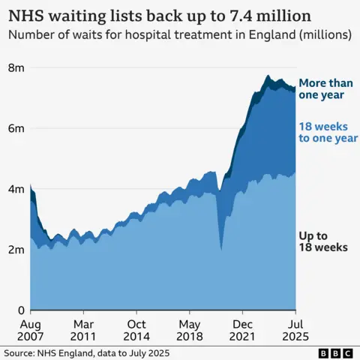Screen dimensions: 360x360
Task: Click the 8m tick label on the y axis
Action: pyautogui.click(x=15, y=67)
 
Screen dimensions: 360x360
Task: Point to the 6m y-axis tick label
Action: pyautogui.click(x=15, y=128)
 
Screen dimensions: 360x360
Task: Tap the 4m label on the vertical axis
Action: pyautogui.click(x=15, y=189)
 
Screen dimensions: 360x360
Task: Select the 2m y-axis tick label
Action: pyautogui.click(x=15, y=250)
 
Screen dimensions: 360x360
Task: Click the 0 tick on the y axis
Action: pyautogui.click(x=21, y=310)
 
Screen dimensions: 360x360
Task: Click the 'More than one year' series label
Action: pyautogui.click(x=321, y=89)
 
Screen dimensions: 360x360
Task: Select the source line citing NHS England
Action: pyautogui.click(x=86, y=352)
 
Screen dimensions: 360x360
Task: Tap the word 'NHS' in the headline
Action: pyautogui.click(x=25, y=15)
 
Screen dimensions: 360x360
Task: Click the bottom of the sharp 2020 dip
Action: pyautogui.click(x=220, y=248)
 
